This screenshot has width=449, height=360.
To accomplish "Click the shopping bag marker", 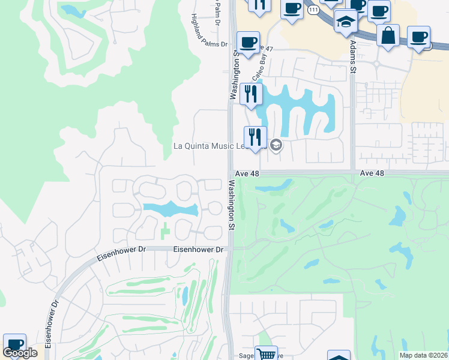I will point(388,35).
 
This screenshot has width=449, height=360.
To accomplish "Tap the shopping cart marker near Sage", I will point(266,354).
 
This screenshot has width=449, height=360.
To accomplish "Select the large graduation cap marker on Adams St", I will point(346,23).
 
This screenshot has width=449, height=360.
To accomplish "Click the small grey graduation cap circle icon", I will point(276,145).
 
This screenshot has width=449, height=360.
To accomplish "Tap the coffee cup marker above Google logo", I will point(14,344).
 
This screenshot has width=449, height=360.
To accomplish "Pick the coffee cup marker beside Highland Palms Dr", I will point(248,43).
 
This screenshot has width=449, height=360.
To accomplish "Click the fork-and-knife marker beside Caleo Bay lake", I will point(251,94).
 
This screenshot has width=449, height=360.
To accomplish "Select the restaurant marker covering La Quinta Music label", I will point(255,137).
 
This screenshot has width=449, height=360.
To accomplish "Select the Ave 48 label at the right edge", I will point(372,173).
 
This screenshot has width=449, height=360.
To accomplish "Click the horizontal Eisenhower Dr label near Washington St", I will point(198,249).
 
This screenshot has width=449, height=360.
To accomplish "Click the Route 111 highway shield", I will point(312,9).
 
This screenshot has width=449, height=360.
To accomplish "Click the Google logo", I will point(20,353).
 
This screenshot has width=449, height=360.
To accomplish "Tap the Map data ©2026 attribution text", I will point(423,355).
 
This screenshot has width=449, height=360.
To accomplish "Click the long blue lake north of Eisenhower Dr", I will point(170,209).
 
